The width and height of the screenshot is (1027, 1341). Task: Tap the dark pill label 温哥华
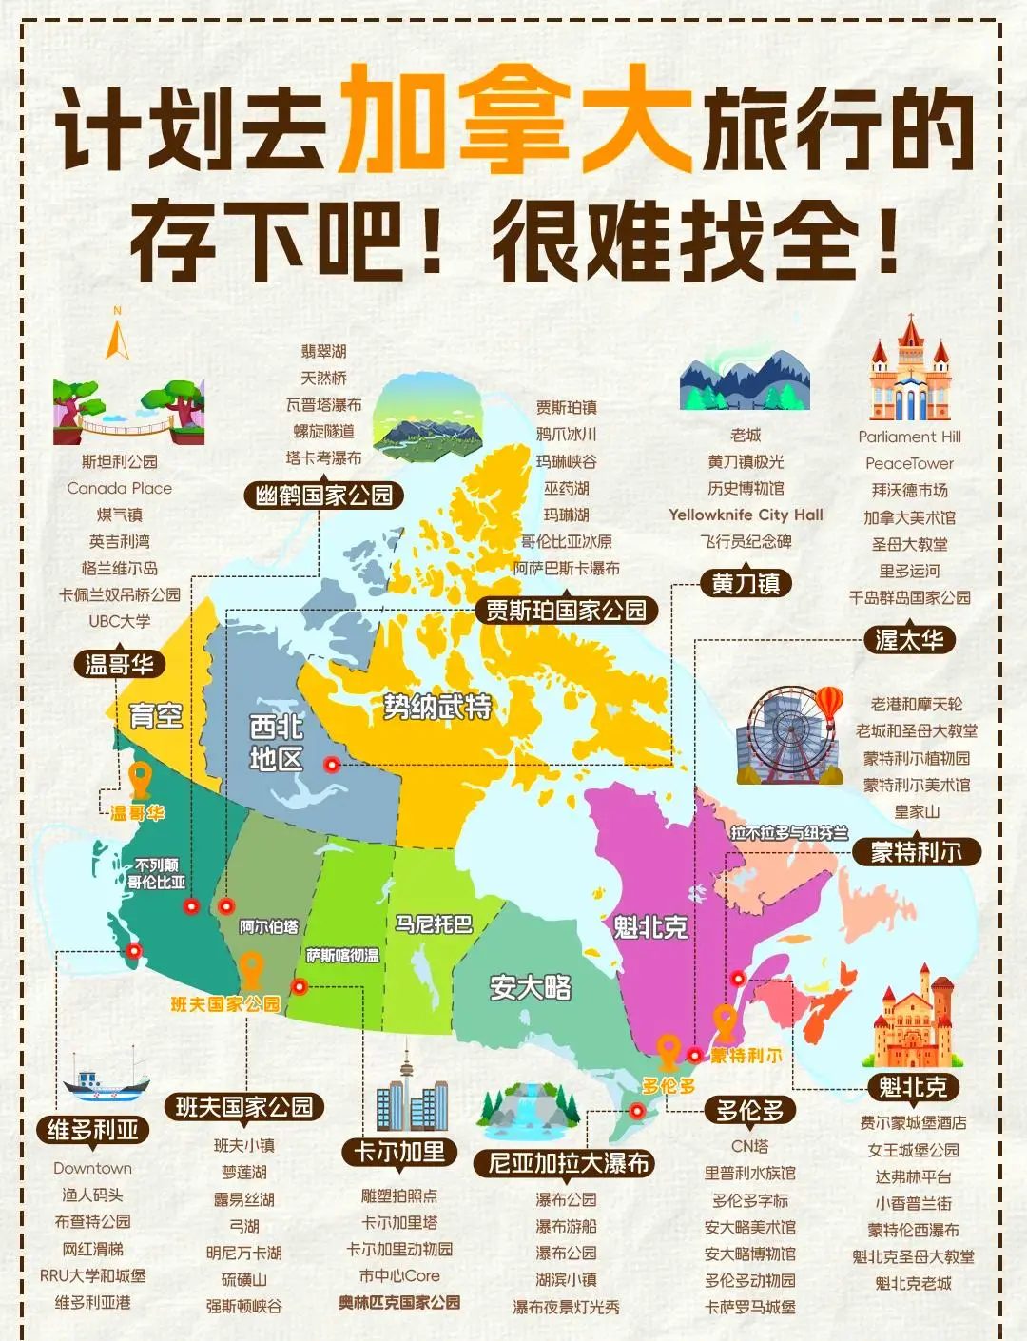(119, 664)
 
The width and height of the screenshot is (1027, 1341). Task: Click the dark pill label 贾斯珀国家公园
(566, 611)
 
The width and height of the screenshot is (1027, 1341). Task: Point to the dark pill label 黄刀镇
(746, 583)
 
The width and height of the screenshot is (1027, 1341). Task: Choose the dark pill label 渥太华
(910, 640)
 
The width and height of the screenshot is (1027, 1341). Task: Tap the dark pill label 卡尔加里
(399, 1153)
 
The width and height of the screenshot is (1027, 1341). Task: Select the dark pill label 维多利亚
(93, 1130)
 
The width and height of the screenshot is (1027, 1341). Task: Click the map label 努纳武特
(437, 706)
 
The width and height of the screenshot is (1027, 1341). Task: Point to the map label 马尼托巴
(434, 924)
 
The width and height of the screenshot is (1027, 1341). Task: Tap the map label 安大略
(531, 988)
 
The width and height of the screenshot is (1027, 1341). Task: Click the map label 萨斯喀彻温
(342, 955)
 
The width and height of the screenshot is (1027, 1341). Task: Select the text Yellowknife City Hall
(746, 515)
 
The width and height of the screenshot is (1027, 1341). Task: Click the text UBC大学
(120, 621)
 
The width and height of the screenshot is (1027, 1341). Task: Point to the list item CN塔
(750, 1146)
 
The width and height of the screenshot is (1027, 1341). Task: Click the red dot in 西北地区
(332, 764)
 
